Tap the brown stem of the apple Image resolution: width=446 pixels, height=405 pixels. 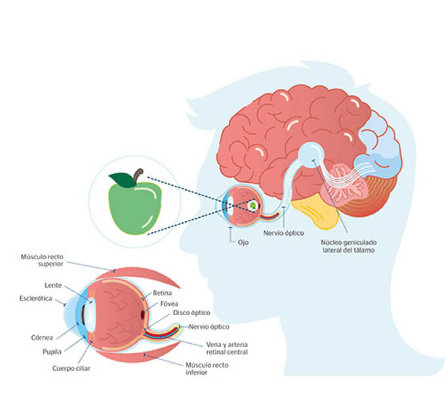(138, 175)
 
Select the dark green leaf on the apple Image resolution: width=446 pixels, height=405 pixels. (121, 179)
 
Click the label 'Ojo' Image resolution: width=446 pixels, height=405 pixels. (243, 242)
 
